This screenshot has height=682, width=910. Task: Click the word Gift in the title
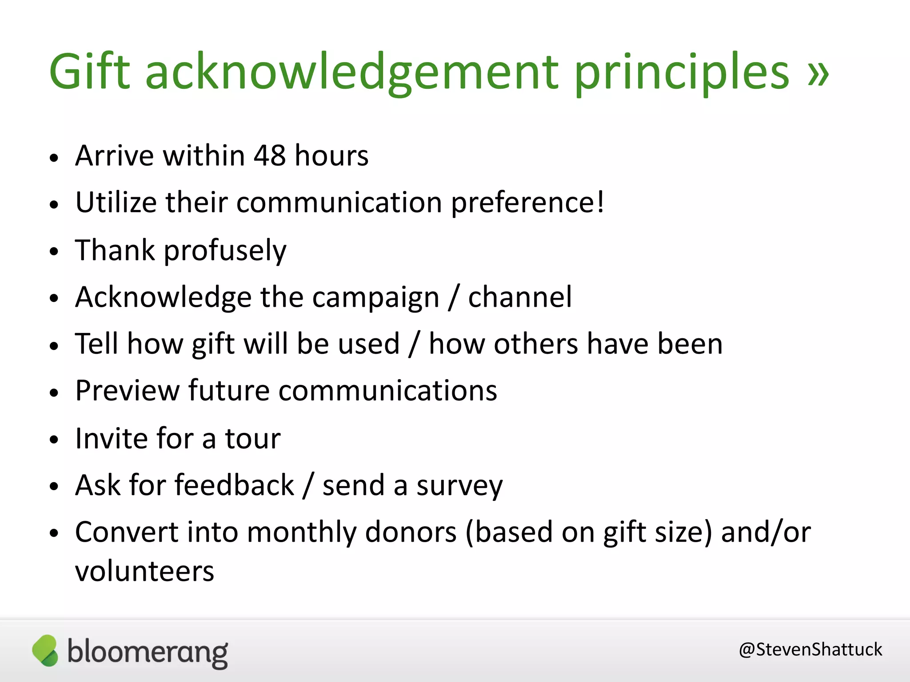[89, 71]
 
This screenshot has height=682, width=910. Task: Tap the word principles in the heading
[682, 73]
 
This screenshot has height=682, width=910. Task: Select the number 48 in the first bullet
[270, 156]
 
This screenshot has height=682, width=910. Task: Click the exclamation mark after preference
[600, 202]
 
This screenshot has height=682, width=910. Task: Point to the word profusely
[225, 251]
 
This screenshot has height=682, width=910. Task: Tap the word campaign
[375, 297]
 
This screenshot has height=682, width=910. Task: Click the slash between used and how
[415, 345]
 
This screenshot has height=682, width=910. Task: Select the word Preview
[127, 391]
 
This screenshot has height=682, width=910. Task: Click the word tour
[252, 439]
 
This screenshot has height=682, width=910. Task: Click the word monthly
[302, 533]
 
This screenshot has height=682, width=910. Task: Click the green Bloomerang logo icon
[45, 650]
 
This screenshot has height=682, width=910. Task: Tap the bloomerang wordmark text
[148, 652]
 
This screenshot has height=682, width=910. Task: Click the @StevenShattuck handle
[810, 650]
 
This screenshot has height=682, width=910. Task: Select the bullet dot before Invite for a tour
[54, 440]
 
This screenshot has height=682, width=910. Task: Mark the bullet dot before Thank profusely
[54, 251]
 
